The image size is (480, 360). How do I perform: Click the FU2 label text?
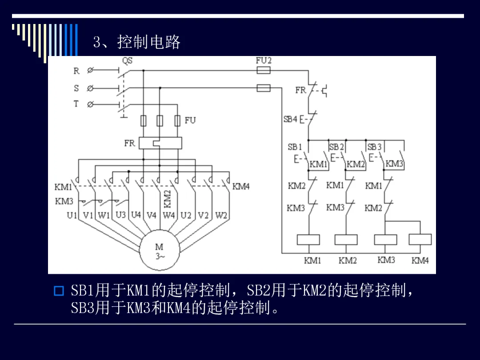pos(264,60)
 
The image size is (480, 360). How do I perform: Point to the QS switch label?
pos(128,60)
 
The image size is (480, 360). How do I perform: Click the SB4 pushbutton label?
pos(290,119)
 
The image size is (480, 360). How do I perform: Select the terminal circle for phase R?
pos(90,70)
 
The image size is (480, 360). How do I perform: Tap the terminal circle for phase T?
pos(90,104)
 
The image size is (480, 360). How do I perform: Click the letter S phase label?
pos(76,88)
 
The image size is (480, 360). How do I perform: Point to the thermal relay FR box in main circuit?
pos(160,143)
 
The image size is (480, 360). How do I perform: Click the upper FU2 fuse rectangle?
pos(263,71)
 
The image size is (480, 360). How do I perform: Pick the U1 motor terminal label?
pos(72,216)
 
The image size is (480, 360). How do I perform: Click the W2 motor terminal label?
pos(221,216)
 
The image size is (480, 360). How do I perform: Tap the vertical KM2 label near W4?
pos(167,199)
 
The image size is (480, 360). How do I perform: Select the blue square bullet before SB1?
pos(59,291)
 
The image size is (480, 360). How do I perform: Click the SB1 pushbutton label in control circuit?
pos(295,147)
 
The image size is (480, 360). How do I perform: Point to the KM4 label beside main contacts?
pos(241,186)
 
